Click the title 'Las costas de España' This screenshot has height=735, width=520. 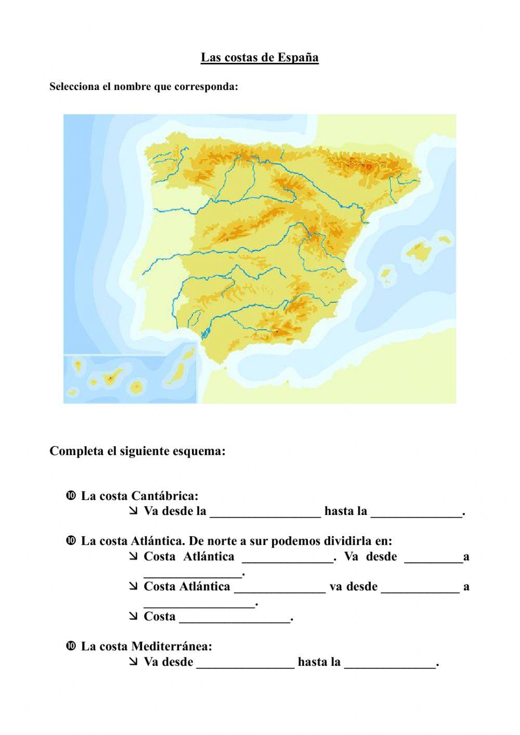[x=259, y=57]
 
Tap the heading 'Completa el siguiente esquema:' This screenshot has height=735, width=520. [x=137, y=451]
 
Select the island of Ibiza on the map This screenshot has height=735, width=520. [x=386, y=274]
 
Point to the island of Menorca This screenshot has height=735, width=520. [x=443, y=240]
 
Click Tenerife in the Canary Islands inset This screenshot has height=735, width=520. [x=111, y=378]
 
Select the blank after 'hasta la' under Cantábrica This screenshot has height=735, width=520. [x=417, y=512]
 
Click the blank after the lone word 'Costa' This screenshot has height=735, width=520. [x=234, y=617]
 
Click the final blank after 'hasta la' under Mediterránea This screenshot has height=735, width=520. [x=390, y=663]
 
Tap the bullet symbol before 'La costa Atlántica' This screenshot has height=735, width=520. [x=71, y=541]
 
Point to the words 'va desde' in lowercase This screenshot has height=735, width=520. [x=353, y=587]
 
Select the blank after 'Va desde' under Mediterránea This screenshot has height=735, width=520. [x=245, y=663]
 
